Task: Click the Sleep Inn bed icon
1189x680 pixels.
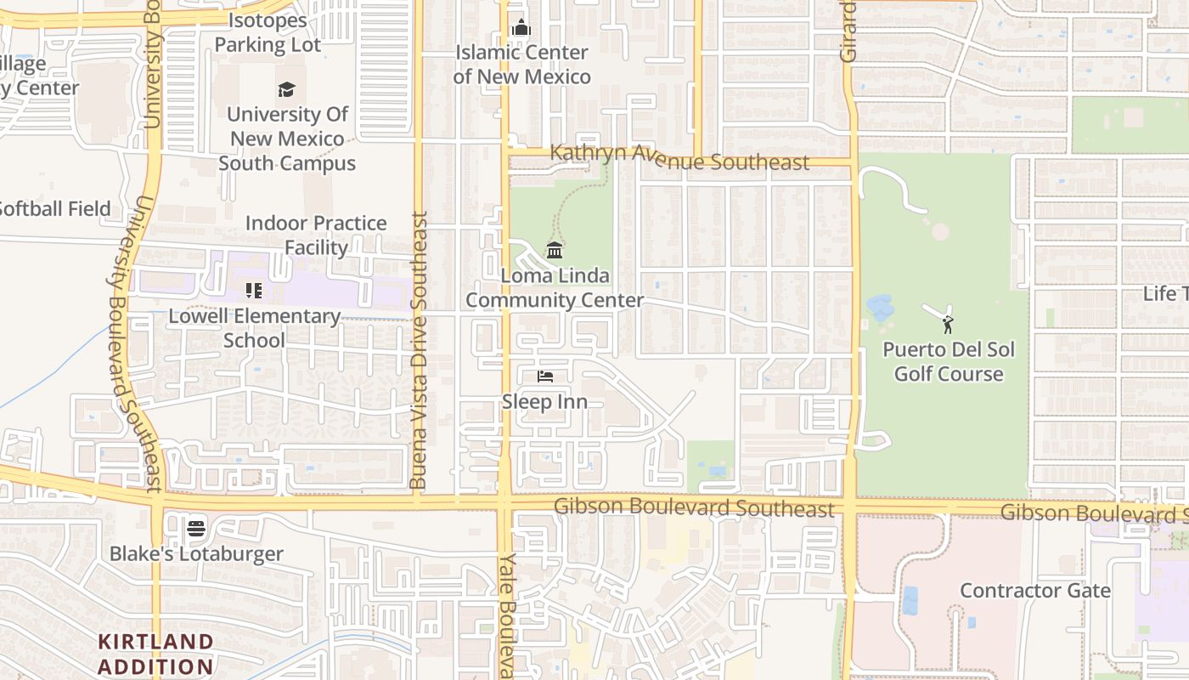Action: pyautogui.click(x=545, y=377)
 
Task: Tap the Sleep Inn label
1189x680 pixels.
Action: pyautogui.click(x=544, y=401)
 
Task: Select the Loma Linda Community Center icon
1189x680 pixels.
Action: pyautogui.click(x=555, y=250)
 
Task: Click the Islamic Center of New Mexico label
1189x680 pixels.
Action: pyautogui.click(x=521, y=65)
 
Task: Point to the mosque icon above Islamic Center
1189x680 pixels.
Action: pyautogui.click(x=521, y=28)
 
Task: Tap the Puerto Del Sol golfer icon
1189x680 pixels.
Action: pyautogui.click(x=948, y=324)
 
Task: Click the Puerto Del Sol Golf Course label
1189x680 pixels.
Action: pyautogui.click(x=949, y=362)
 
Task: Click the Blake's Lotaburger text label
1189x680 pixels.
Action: pyautogui.click(x=196, y=554)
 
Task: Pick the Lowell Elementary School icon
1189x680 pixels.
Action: pyautogui.click(x=253, y=291)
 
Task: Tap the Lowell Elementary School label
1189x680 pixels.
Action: pyautogui.click(x=254, y=328)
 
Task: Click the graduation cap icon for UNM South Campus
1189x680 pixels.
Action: pyautogui.click(x=286, y=89)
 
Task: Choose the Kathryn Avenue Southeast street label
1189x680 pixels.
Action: pyautogui.click(x=679, y=158)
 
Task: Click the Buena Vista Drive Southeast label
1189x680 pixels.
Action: pyautogui.click(x=417, y=350)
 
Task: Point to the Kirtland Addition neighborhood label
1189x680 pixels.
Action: pyautogui.click(x=155, y=654)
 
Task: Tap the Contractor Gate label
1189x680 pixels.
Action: pyautogui.click(x=1034, y=591)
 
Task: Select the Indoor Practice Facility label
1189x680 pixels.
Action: pyautogui.click(x=316, y=235)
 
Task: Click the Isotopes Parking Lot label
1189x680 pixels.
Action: pyautogui.click(x=268, y=32)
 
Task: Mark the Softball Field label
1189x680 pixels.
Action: pyautogui.click(x=54, y=208)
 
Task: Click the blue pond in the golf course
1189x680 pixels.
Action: pyautogui.click(x=879, y=308)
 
